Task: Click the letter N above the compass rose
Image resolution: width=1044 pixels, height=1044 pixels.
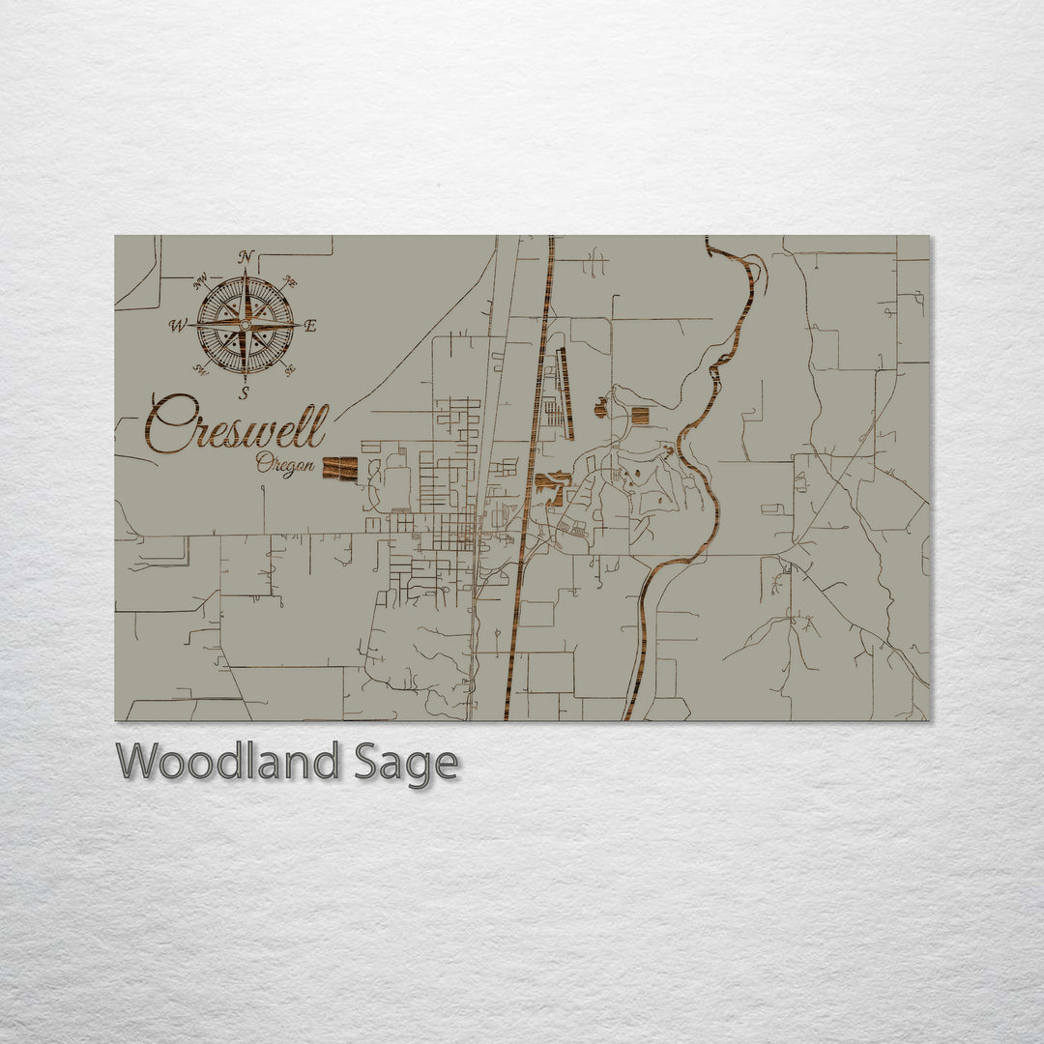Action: pyautogui.click(x=246, y=256)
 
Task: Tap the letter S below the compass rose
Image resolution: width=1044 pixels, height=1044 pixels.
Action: pyautogui.click(x=245, y=392)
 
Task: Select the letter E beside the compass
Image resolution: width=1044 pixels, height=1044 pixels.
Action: pyautogui.click(x=309, y=326)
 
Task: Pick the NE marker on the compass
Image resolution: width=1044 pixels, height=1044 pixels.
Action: pyautogui.click(x=288, y=281)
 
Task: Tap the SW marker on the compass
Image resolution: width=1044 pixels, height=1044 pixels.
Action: pyautogui.click(x=201, y=367)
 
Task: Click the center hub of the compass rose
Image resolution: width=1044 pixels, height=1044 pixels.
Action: pyautogui.click(x=245, y=326)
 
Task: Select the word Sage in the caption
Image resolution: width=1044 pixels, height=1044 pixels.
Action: pyautogui.click(x=406, y=764)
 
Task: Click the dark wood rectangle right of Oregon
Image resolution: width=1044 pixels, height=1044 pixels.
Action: pyautogui.click(x=339, y=469)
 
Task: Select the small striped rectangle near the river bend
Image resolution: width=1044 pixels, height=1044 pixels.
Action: pyautogui.click(x=639, y=417)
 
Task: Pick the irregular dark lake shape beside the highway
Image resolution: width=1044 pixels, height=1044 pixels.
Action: pyautogui.click(x=553, y=483)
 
